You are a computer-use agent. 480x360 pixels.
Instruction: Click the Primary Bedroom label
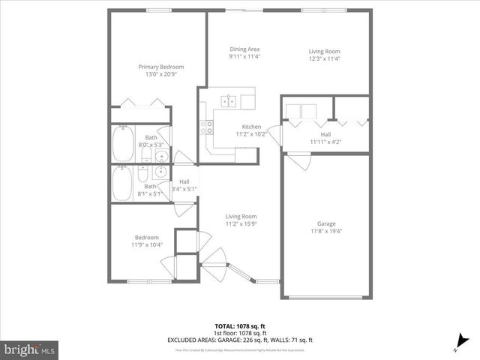tap(160, 67)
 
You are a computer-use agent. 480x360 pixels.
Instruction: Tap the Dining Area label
tap(244, 49)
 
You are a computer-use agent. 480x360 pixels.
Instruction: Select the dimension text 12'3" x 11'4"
tap(324, 59)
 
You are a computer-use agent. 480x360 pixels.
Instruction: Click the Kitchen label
tap(250, 126)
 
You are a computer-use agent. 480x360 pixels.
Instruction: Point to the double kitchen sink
tap(228, 100)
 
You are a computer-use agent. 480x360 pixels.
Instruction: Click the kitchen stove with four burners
tap(206, 127)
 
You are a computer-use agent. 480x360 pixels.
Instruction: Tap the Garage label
tap(325, 223)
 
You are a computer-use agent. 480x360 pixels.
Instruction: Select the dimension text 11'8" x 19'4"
tap(325, 231)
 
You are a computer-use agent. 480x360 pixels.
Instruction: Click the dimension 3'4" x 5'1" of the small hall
tap(184, 189)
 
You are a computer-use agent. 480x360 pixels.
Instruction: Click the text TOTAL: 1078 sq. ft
tap(240, 326)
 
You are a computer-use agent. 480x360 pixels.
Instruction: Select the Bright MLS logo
tap(30, 349)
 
